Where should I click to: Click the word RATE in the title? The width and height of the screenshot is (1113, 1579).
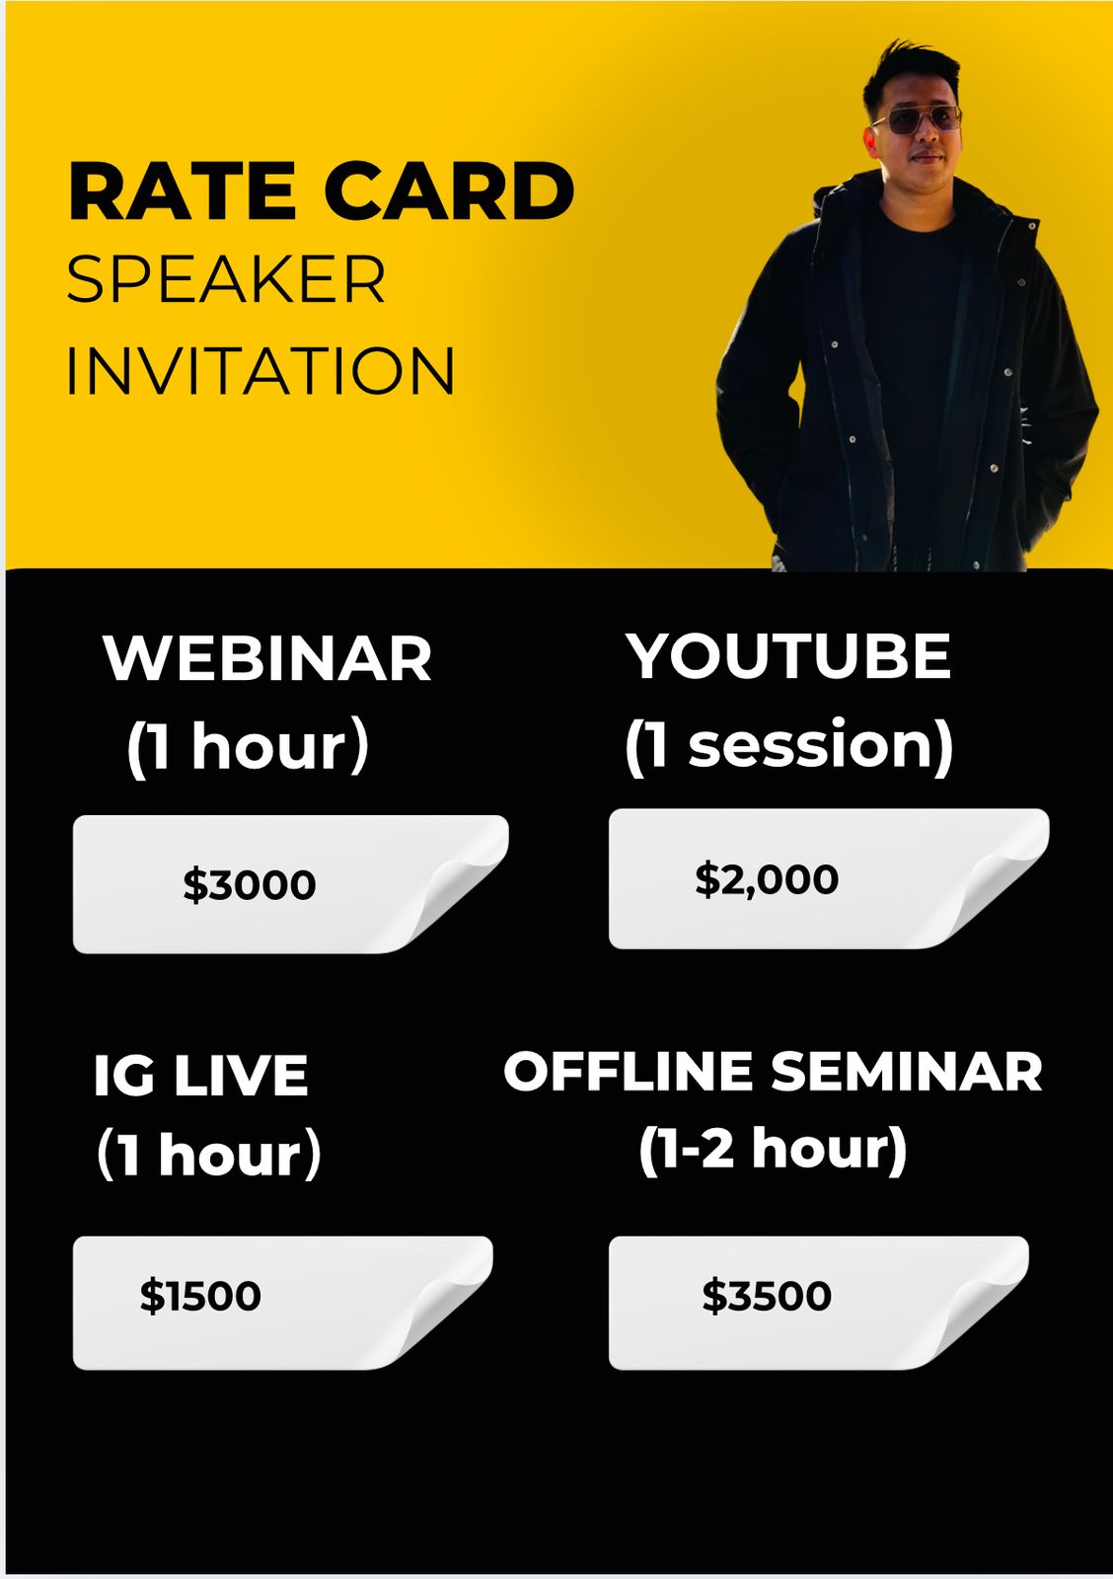click(x=182, y=191)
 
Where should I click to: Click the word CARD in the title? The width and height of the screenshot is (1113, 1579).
click(x=450, y=191)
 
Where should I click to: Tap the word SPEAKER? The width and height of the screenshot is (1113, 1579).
click(x=226, y=279)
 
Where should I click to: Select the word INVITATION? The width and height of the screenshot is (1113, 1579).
click(x=260, y=370)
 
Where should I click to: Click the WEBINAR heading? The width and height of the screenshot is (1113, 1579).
click(x=267, y=658)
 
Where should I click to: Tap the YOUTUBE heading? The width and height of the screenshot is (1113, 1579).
click(x=788, y=656)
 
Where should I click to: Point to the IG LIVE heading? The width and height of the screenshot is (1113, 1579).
click(x=201, y=1076)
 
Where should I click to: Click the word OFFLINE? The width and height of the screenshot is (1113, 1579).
click(x=629, y=1072)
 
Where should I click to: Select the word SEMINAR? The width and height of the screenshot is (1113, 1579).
click(x=907, y=1072)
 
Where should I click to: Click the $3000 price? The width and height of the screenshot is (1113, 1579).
click(x=250, y=884)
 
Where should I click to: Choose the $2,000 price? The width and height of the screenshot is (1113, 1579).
click(x=767, y=879)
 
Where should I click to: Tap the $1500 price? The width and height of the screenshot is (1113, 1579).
click(x=200, y=1296)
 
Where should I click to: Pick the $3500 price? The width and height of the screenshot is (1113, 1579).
click(x=767, y=1296)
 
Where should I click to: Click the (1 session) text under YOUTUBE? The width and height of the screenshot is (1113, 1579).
click(x=789, y=747)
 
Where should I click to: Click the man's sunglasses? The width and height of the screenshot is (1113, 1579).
click(x=917, y=120)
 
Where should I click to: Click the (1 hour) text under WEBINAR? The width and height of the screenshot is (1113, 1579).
click(x=248, y=749)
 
